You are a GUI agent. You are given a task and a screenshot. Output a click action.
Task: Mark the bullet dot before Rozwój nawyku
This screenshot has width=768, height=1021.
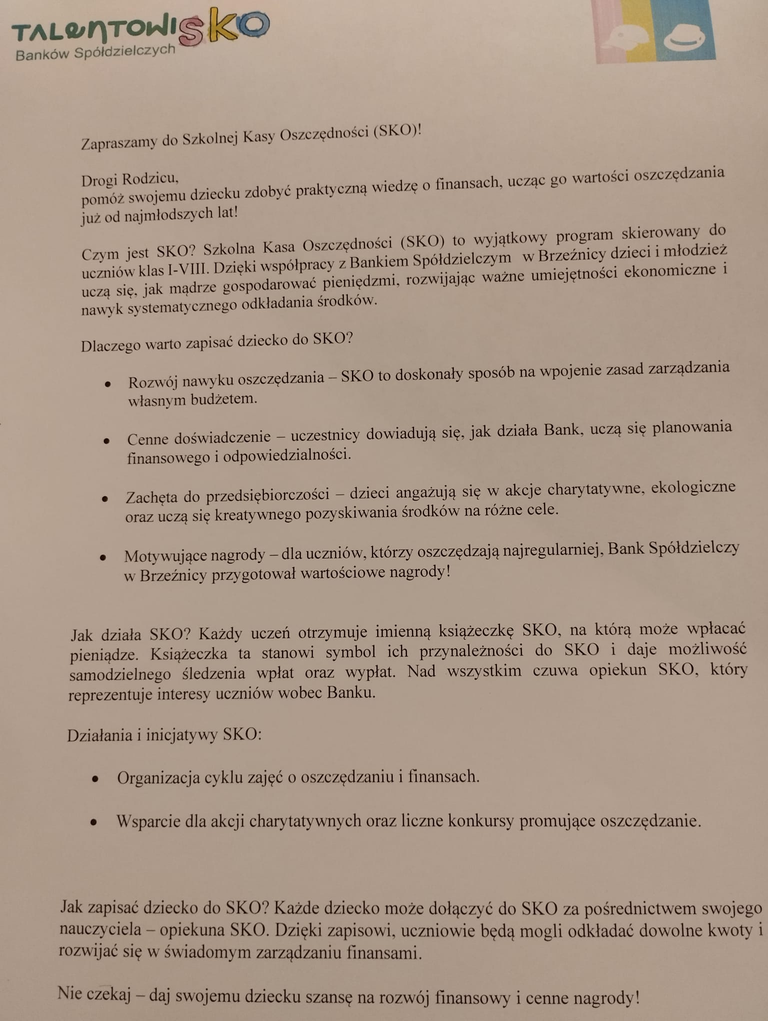(x=107, y=384)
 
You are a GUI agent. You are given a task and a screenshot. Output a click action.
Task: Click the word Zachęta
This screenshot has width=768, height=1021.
(x=151, y=497)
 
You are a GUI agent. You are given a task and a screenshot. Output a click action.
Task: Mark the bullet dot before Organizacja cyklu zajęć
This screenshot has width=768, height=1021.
(x=95, y=779)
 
